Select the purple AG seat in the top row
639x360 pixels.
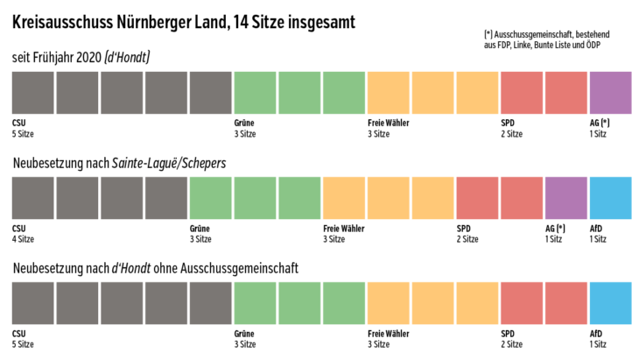coord(610,93)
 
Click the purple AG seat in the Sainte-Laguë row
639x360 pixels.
coord(565,198)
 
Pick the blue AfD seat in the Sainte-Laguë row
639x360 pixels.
coord(610,198)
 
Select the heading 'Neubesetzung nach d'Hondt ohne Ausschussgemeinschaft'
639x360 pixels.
coord(156,268)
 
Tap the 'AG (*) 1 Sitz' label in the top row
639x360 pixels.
coord(600,128)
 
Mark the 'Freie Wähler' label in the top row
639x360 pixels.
coord(388,123)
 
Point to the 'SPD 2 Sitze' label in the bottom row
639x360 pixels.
coord(511,338)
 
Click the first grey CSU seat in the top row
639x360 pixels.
coord(33,93)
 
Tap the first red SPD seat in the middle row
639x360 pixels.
coord(477,198)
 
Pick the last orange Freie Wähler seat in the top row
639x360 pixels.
coord(477,93)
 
